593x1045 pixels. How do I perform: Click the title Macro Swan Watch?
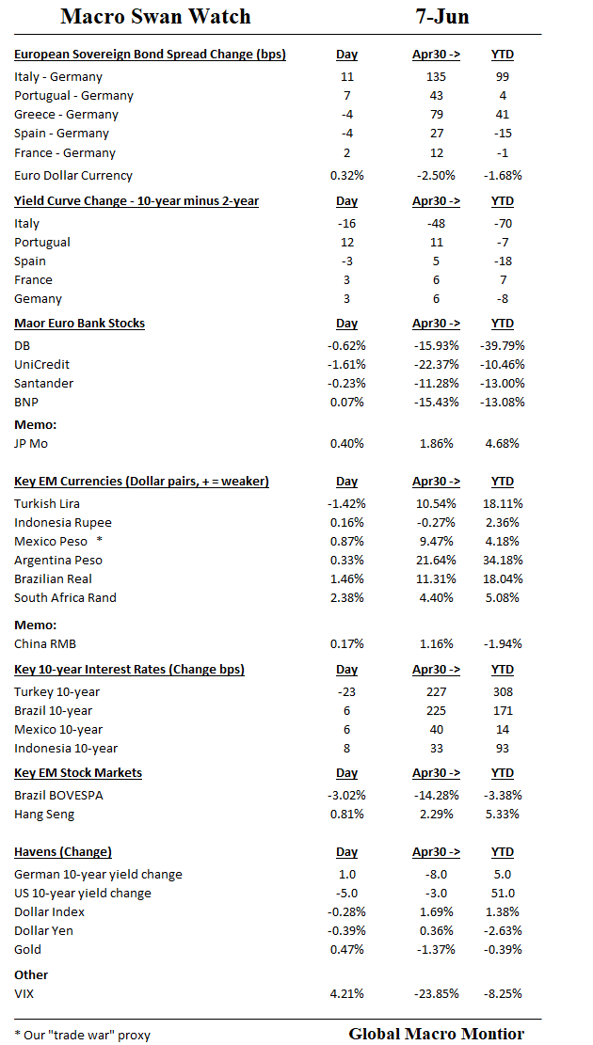point(155,17)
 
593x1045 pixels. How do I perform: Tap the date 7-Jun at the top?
point(442,17)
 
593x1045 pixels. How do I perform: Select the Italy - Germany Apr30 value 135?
point(436,77)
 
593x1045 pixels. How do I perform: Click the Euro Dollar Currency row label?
point(73,176)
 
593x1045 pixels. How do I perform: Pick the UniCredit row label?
point(41,365)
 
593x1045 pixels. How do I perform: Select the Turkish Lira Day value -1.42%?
point(346,504)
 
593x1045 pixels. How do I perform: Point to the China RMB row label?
point(45,644)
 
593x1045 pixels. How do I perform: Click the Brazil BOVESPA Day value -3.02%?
point(346,796)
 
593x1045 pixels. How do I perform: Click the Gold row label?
point(27,950)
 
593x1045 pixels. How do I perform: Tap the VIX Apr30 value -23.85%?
point(436,993)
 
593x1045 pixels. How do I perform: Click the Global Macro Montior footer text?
point(436,1034)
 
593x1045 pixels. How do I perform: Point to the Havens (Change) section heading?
point(63,852)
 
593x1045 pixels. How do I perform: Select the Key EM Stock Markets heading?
point(78,773)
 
